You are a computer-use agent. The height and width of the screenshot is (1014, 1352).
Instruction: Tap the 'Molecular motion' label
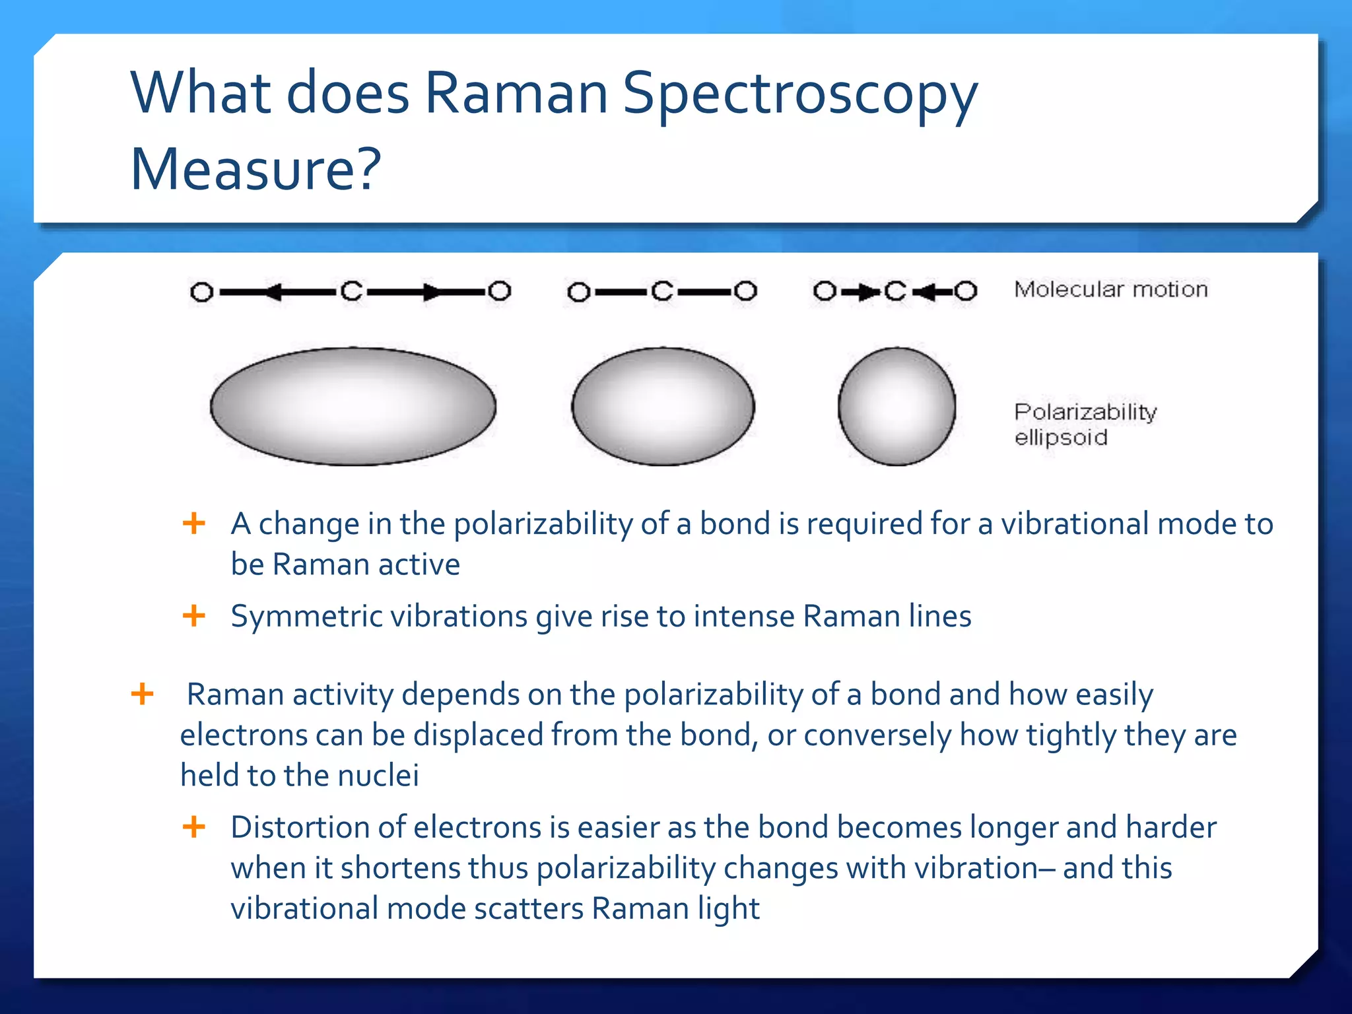(x=1110, y=289)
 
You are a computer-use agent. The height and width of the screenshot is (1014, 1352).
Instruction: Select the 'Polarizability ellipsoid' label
(x=1085, y=424)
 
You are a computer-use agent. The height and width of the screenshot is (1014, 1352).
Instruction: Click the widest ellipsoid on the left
(x=353, y=406)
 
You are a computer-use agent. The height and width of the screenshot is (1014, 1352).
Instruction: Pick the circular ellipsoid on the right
(x=896, y=406)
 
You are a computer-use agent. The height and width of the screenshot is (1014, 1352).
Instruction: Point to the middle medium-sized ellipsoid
(x=663, y=406)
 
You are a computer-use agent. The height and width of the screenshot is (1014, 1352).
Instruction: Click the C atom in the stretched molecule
(x=352, y=291)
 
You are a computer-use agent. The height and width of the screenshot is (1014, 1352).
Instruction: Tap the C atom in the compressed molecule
(x=895, y=291)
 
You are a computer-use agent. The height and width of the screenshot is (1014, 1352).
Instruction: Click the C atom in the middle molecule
(x=662, y=291)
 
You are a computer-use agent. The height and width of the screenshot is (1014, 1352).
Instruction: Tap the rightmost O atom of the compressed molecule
(x=965, y=291)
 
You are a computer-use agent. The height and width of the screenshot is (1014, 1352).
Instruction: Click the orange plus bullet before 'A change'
(x=194, y=524)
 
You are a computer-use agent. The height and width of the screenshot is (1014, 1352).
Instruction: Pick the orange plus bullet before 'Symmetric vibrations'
(x=194, y=616)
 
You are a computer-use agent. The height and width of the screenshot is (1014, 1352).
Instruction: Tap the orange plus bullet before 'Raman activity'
(x=143, y=694)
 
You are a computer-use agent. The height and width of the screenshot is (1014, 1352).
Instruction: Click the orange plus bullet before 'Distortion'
(x=194, y=827)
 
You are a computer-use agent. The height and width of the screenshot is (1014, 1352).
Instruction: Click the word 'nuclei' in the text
(x=378, y=775)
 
